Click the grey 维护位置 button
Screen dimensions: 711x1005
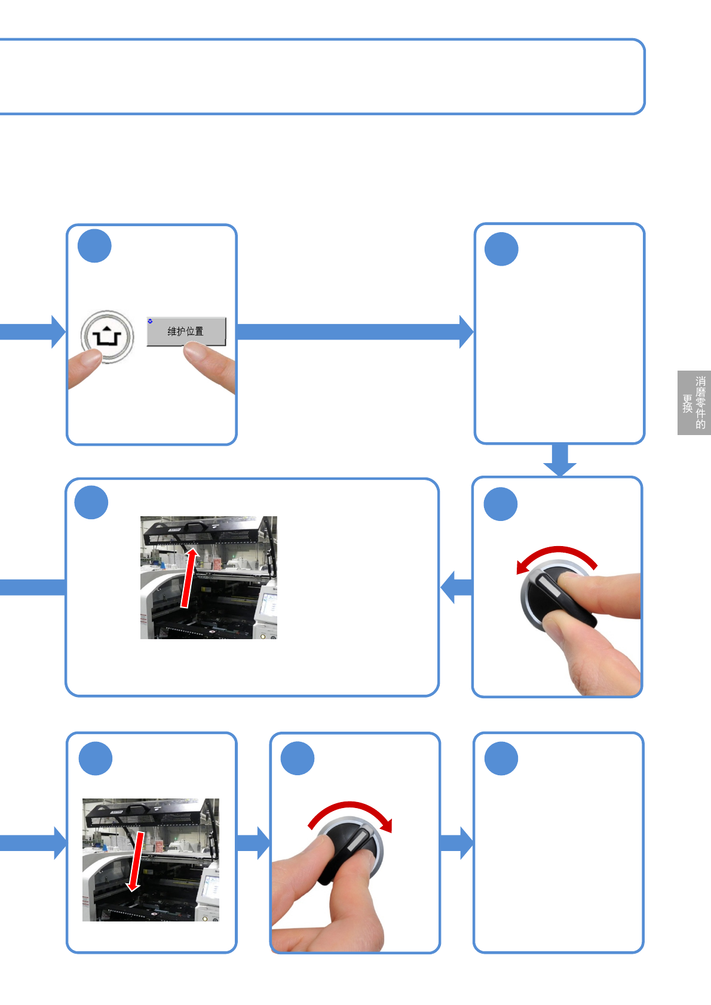click(x=186, y=331)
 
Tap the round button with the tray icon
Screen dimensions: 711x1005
click(x=108, y=336)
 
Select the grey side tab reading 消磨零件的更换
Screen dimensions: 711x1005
click(x=694, y=403)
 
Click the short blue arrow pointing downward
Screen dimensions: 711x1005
click(x=560, y=460)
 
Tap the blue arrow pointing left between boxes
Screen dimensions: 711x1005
click(x=456, y=587)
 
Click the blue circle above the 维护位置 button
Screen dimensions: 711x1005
click(x=94, y=246)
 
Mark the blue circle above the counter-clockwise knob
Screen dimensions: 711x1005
click(x=501, y=504)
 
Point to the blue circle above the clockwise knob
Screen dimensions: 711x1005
click(x=298, y=759)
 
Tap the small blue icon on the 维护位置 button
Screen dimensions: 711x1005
click(x=151, y=321)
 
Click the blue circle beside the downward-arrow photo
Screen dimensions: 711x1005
click(x=96, y=759)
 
